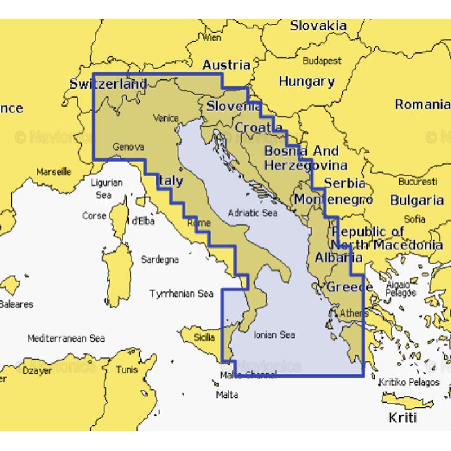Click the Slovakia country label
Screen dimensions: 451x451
[x=318, y=25]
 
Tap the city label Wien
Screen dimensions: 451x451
[x=211, y=38]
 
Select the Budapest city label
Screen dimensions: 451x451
[x=322, y=60]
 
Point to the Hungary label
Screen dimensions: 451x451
[x=306, y=81]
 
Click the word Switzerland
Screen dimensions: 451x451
[x=108, y=84]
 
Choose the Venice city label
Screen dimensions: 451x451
[x=166, y=118]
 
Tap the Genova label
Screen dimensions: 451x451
[x=129, y=147]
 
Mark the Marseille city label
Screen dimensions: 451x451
[x=54, y=171]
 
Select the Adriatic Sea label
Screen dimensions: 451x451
[x=253, y=213]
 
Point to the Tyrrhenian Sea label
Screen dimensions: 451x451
[x=181, y=294]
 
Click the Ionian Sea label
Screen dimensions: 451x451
[x=274, y=334]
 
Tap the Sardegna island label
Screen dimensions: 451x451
[x=160, y=259]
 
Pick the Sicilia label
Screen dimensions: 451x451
[x=204, y=337]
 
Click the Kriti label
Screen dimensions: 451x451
[x=403, y=418]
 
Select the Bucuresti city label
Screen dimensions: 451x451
[x=417, y=182]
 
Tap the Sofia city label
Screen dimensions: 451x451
[x=414, y=219]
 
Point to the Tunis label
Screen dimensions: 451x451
[x=126, y=370]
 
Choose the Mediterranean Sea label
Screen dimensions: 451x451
[x=66, y=338]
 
